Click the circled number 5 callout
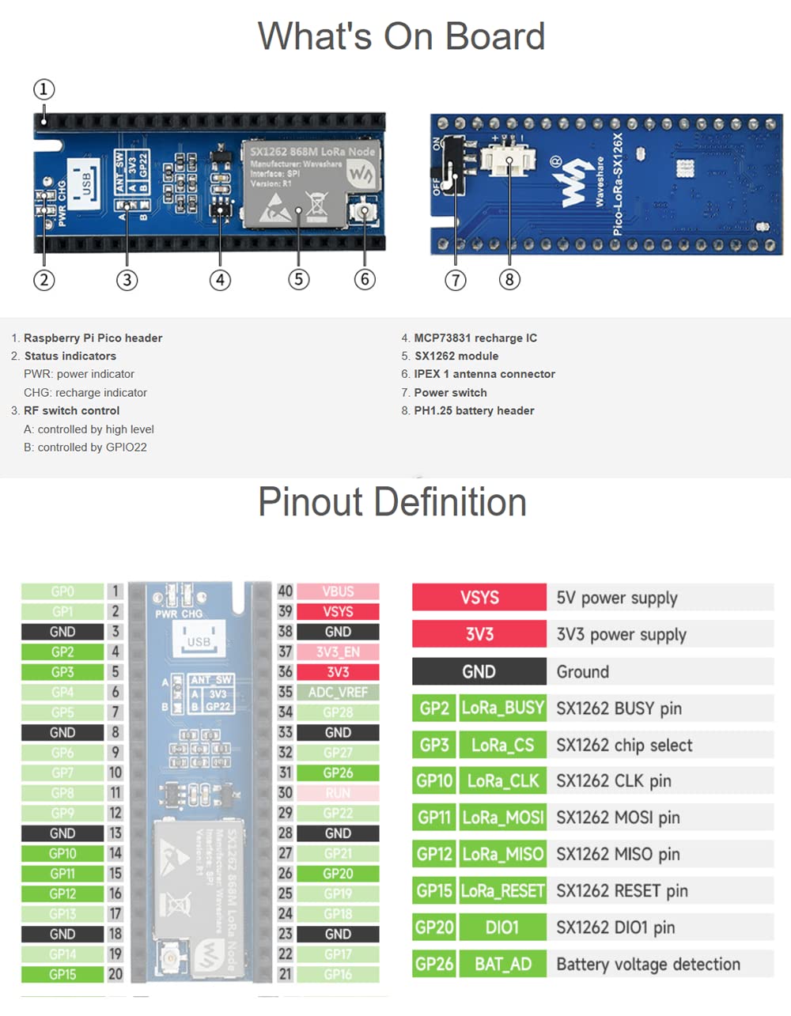pos(298,279)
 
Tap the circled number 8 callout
pos(509,279)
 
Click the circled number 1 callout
pos(44,89)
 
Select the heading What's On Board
pos(401,36)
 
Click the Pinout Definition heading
pos(392,502)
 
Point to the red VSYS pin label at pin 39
pos(338,611)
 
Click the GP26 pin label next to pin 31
pos(338,772)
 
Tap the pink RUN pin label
pos(338,793)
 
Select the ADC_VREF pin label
pos(338,692)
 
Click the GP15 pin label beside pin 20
pos(62,974)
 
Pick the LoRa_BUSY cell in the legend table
pos(503,708)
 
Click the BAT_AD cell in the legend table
pos(503,964)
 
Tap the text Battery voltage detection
pos(648,964)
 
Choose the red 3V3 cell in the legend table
pos(479,634)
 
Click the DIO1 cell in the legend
pos(503,927)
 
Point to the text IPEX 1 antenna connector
pos(484,374)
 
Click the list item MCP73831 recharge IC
pos(475,338)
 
